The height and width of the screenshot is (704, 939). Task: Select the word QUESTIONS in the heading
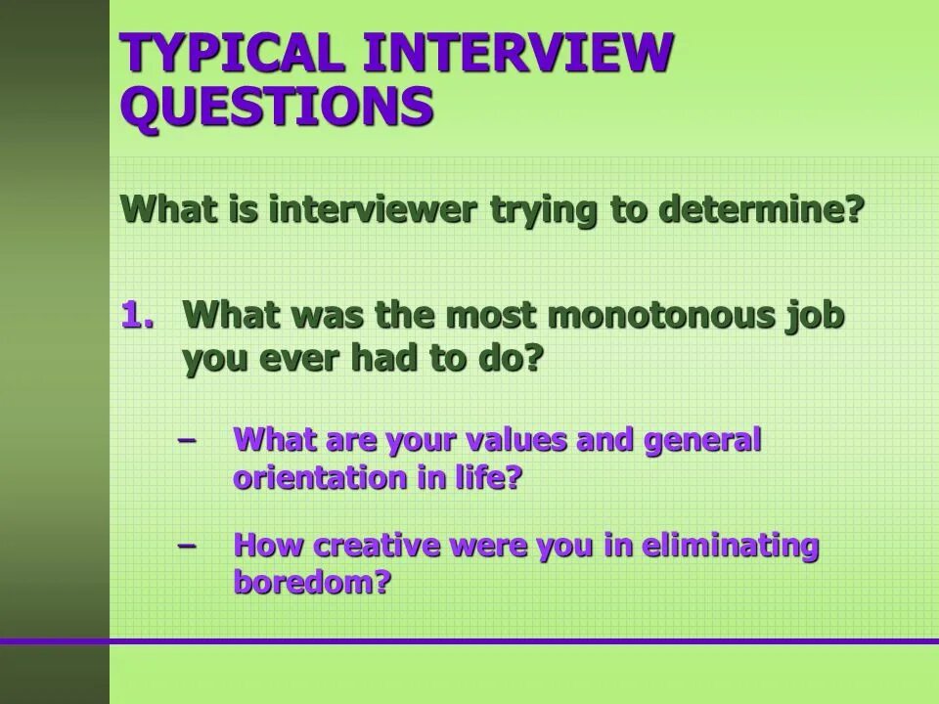(277, 105)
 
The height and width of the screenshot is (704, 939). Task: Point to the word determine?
(760, 209)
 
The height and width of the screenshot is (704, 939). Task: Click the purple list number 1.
(138, 316)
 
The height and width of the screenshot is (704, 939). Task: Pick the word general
(701, 442)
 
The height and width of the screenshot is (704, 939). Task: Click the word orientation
(312, 478)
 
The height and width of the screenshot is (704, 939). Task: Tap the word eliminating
(730, 547)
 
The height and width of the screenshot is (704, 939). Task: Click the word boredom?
(312, 583)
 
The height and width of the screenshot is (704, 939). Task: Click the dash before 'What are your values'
(186, 440)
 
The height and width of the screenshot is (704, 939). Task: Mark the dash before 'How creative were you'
(186, 545)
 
